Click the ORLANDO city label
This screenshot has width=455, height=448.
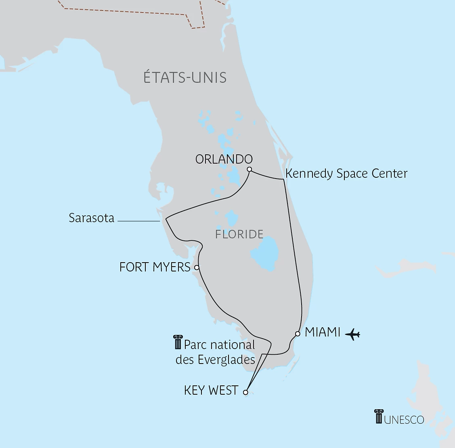click(224, 159)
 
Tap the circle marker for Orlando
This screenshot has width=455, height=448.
click(250, 169)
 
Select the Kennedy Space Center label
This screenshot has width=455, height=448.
click(346, 173)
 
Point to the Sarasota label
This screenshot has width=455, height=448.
click(91, 218)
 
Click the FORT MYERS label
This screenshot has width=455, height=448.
click(155, 267)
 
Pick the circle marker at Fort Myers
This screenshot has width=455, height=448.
click(197, 267)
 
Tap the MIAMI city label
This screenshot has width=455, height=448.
click(323, 332)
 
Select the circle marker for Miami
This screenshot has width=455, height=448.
click(298, 334)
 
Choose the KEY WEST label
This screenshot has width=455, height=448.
click(211, 390)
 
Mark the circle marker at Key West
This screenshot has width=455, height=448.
click(245, 392)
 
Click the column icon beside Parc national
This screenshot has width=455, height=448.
click(177, 342)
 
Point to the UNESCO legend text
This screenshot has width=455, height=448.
click(404, 420)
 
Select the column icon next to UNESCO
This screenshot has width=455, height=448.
click(378, 416)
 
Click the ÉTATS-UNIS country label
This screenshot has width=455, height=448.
click(185, 77)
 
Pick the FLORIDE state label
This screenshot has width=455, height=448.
click(239, 234)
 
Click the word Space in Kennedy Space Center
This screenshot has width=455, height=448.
click(352, 173)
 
